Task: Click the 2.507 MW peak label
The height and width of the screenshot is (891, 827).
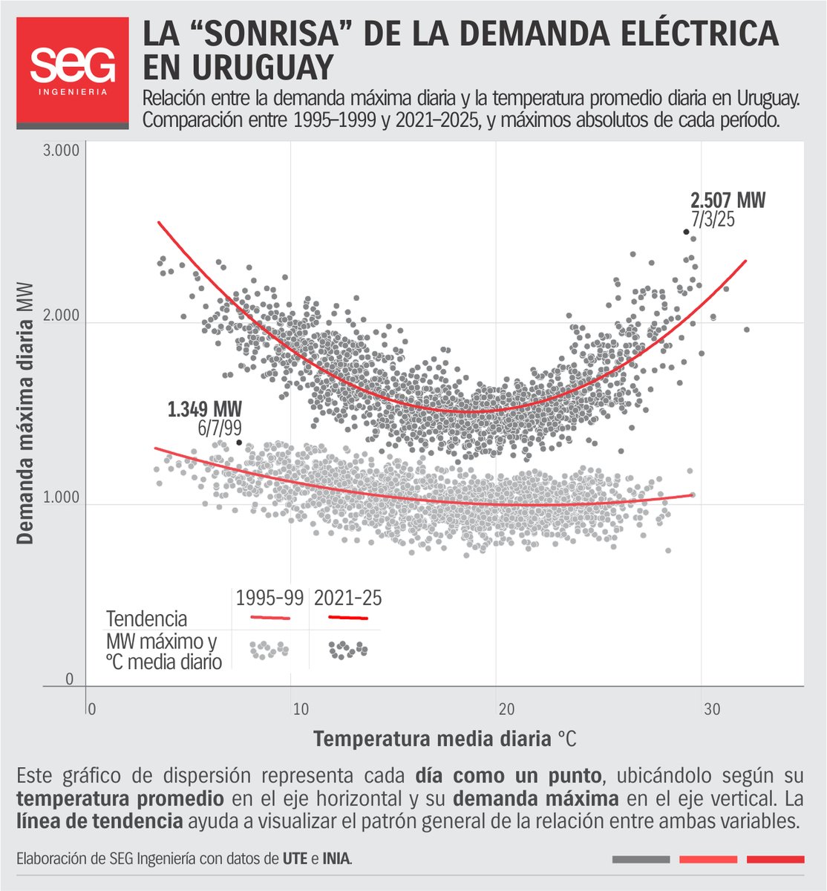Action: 728,200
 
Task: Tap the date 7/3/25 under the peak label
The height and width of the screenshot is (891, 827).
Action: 713,219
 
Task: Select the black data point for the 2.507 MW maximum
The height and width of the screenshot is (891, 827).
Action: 687,232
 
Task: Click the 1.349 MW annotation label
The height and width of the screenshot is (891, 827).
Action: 205,409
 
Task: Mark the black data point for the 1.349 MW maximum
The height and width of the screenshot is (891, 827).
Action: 239,443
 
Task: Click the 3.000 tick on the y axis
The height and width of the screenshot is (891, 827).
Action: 62,151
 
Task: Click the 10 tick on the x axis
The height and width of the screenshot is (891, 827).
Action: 300,709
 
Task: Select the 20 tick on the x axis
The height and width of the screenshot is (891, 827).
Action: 506,709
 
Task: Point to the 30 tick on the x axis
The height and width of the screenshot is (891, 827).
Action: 712,709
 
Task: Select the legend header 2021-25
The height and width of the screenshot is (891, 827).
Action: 347,598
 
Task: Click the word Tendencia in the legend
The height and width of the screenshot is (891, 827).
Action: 146,619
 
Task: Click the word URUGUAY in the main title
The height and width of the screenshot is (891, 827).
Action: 237,68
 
